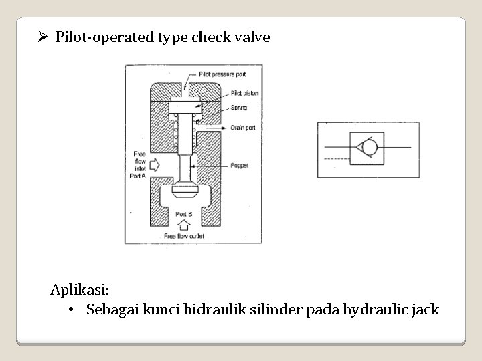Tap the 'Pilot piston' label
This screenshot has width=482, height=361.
pyautogui.click(x=244, y=93)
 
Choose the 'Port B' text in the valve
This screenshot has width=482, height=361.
pyautogui.click(x=183, y=214)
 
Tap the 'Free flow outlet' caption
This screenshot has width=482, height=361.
pyautogui.click(x=185, y=236)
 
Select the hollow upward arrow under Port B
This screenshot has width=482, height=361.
pyautogui.click(x=185, y=225)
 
